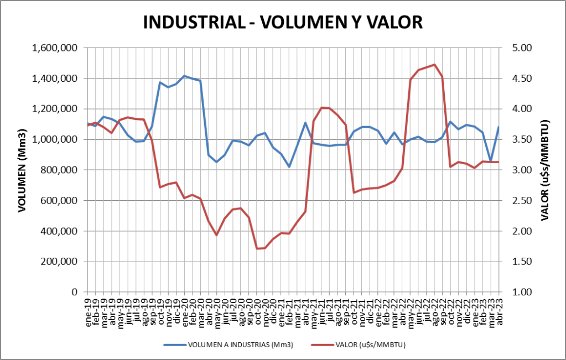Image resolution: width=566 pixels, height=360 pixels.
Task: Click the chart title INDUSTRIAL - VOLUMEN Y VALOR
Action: pyautogui.click(x=283, y=22)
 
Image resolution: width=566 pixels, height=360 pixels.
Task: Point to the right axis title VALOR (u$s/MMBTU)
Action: pyautogui.click(x=544, y=170)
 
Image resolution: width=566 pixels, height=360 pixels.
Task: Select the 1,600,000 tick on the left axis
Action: pyautogui.click(x=54, y=48)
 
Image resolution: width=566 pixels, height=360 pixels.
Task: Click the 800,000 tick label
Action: pyautogui.click(x=59, y=170)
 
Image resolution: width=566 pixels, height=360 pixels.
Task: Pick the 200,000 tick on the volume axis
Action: pyautogui.click(x=59, y=262)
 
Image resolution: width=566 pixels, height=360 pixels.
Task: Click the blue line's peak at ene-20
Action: pyautogui.click(x=185, y=76)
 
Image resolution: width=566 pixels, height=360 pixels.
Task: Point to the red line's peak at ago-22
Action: pyautogui.click(x=434, y=65)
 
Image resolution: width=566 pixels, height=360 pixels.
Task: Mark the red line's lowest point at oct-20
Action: pyautogui.click(x=257, y=248)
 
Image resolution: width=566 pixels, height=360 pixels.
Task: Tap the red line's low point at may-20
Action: pyautogui.click(x=217, y=235)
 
